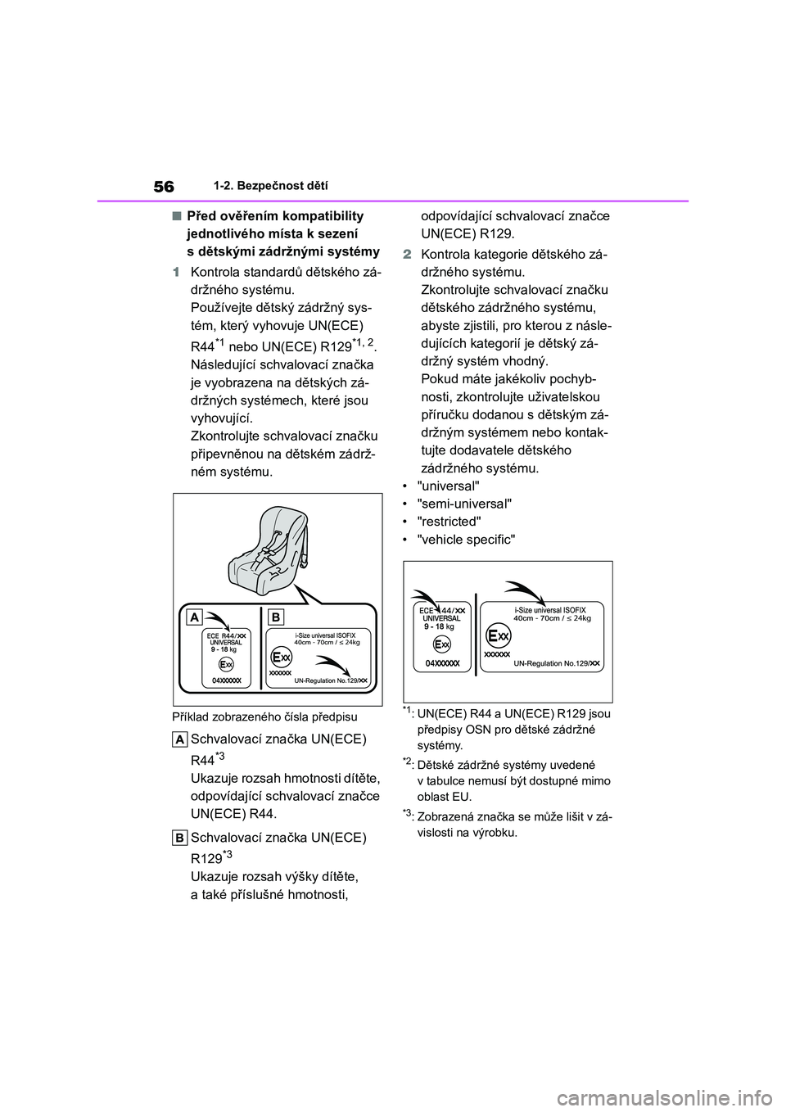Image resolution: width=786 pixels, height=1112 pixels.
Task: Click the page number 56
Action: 163,187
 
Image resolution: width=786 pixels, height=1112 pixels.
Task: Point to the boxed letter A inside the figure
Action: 196,617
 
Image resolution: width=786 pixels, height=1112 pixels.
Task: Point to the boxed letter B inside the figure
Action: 275,617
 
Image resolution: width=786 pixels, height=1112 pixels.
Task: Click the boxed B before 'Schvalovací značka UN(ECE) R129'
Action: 180,838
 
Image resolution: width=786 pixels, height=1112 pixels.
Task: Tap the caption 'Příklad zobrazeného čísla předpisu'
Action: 264,717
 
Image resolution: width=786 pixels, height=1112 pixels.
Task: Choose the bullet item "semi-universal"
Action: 464,504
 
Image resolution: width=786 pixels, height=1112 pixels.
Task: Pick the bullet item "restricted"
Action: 449,522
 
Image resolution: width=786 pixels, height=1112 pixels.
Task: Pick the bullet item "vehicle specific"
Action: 467,540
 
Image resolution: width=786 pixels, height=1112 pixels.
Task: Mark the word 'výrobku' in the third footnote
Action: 495,833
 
